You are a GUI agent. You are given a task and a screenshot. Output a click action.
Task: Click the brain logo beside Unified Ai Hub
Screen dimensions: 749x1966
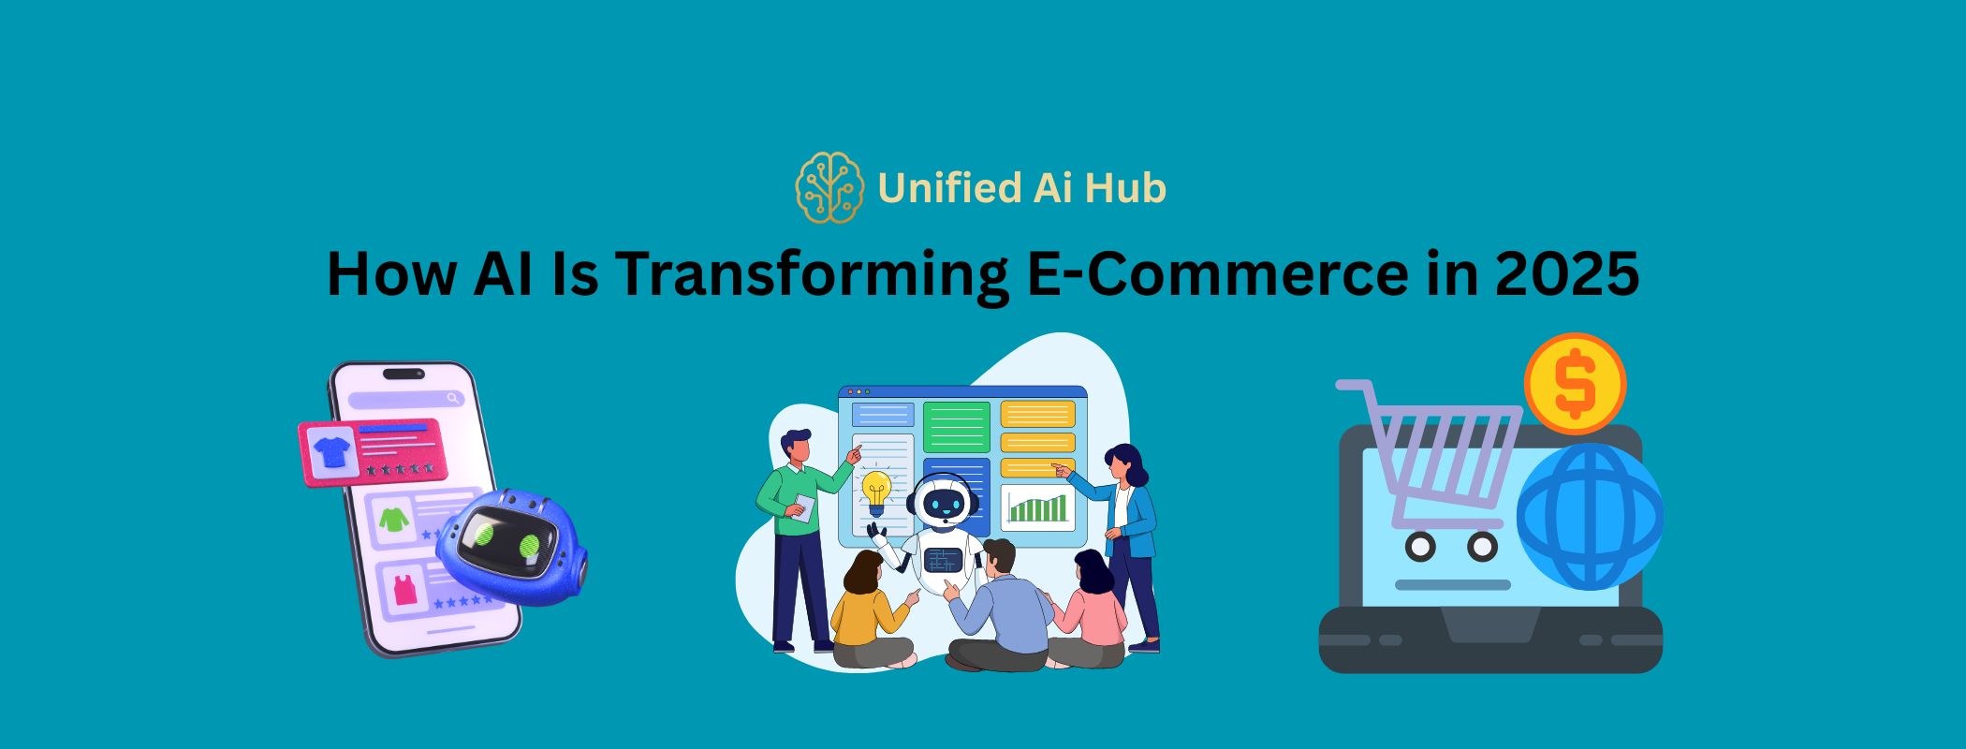pyautogui.click(x=829, y=188)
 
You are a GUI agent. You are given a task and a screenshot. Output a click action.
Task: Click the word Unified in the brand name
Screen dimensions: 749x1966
pyautogui.click(x=949, y=188)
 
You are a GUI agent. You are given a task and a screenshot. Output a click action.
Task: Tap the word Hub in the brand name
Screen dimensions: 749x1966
pyautogui.click(x=1125, y=188)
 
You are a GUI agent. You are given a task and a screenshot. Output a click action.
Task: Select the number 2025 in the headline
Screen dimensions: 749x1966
pyautogui.click(x=1566, y=274)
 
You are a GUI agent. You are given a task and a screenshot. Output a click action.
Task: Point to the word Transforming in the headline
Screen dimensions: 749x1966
pyautogui.click(x=812, y=274)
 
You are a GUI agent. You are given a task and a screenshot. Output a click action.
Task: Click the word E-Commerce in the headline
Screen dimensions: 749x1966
pyautogui.click(x=1217, y=274)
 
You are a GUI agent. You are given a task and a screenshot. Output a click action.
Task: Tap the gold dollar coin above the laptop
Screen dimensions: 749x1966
pyautogui.click(x=1575, y=384)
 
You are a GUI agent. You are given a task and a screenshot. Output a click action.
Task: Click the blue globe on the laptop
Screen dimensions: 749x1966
pyautogui.click(x=1589, y=517)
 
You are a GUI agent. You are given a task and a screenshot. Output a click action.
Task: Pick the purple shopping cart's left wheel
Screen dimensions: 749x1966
pyautogui.click(x=1420, y=547)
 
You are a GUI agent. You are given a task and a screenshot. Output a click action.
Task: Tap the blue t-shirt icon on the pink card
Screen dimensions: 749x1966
pyautogui.click(x=331, y=451)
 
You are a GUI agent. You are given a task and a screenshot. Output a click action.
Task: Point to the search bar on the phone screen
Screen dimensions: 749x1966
pyautogui.click(x=405, y=399)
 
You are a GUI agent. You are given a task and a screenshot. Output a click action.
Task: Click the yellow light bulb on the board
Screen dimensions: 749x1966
pyautogui.click(x=876, y=492)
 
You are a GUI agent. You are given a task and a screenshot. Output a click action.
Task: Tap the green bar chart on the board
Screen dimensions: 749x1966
pyautogui.click(x=1037, y=508)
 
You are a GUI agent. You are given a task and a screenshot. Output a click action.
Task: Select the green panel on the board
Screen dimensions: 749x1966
pyautogui.click(x=956, y=427)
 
